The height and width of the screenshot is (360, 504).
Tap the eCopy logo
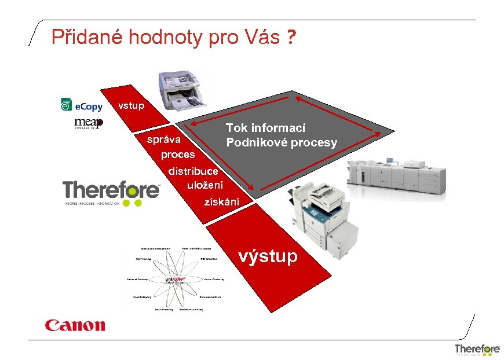(x=82, y=105)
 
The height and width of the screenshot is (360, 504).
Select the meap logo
(x=88, y=123)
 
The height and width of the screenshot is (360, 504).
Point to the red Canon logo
(x=75, y=325)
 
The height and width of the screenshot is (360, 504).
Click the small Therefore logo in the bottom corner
(x=477, y=349)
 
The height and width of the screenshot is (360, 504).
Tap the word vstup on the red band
(x=131, y=105)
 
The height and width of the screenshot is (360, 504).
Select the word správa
(x=164, y=139)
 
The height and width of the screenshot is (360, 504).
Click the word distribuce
(x=193, y=171)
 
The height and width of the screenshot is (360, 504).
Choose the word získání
(x=221, y=202)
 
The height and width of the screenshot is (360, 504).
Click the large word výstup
(x=268, y=256)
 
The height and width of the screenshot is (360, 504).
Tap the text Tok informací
(x=265, y=128)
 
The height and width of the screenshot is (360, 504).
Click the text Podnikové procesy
(x=281, y=142)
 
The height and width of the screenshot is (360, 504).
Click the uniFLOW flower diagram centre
(x=174, y=280)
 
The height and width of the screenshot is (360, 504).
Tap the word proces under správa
(x=178, y=155)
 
